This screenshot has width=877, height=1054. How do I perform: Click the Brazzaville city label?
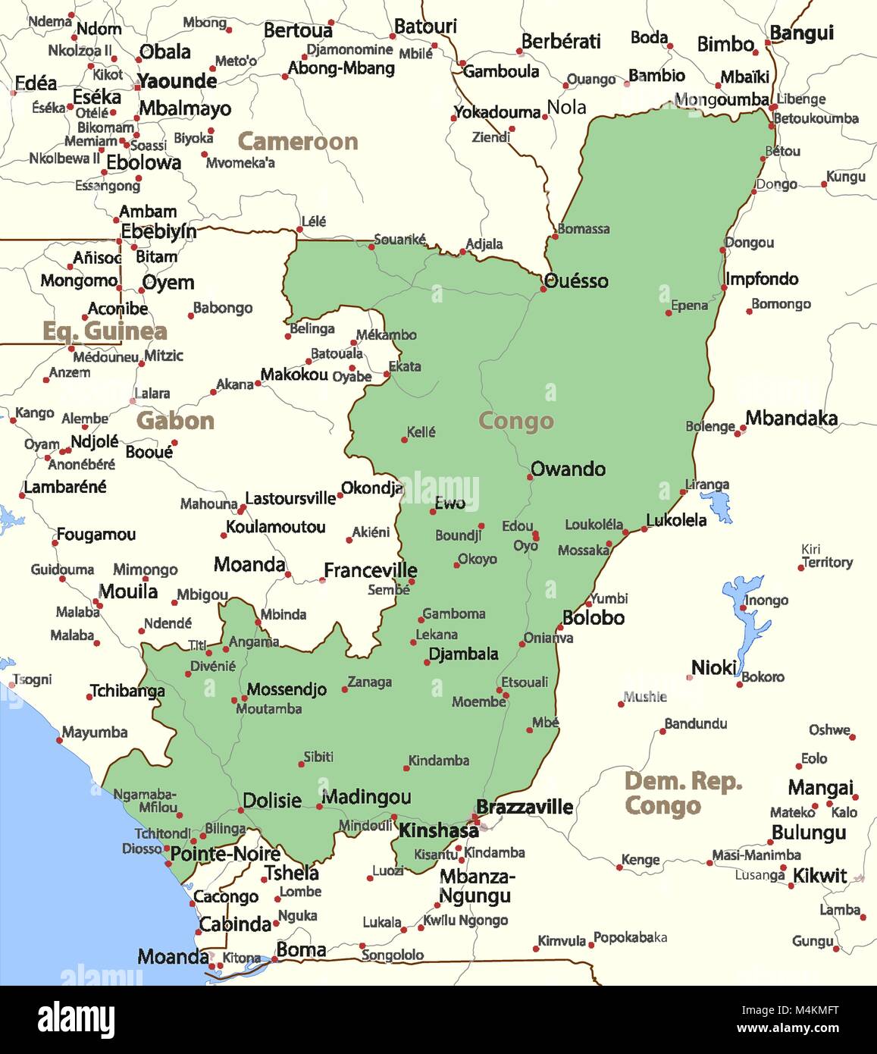pyautogui.click(x=524, y=807)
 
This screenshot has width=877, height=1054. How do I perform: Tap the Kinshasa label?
pyautogui.click(x=438, y=831)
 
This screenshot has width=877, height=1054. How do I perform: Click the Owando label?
pyautogui.click(x=568, y=469)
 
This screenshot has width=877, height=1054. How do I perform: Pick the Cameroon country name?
pyautogui.click(x=297, y=141)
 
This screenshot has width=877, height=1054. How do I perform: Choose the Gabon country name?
pyautogui.click(x=175, y=421)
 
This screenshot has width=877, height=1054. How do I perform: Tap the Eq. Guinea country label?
pyautogui.click(x=105, y=331)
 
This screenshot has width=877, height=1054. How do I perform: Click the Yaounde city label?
pyautogui.click(x=177, y=81)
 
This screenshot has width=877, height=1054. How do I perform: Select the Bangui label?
pyautogui.click(x=801, y=33)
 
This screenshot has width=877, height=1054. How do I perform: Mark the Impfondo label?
pyautogui.click(x=761, y=279)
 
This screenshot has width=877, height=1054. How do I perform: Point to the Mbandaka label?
pyautogui.click(x=791, y=419)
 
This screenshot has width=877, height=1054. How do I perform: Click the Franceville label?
pyautogui.click(x=370, y=570)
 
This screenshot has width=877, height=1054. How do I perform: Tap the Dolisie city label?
pyautogui.click(x=272, y=801)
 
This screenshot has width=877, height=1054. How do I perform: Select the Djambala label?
pyautogui.click(x=463, y=654)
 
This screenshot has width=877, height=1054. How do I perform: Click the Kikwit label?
pyautogui.click(x=819, y=876)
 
